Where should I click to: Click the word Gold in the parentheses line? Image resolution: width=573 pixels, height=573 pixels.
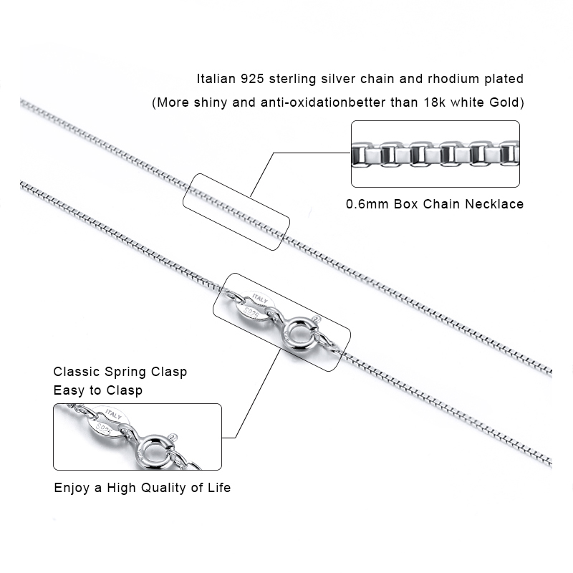[506, 102]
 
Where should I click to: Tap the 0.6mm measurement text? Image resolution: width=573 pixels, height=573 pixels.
[367, 204]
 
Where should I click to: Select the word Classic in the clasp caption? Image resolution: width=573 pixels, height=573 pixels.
[77, 372]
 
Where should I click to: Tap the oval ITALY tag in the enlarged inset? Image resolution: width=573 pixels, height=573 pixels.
[107, 423]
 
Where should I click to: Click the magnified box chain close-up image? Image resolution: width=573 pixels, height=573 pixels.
[435, 154]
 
